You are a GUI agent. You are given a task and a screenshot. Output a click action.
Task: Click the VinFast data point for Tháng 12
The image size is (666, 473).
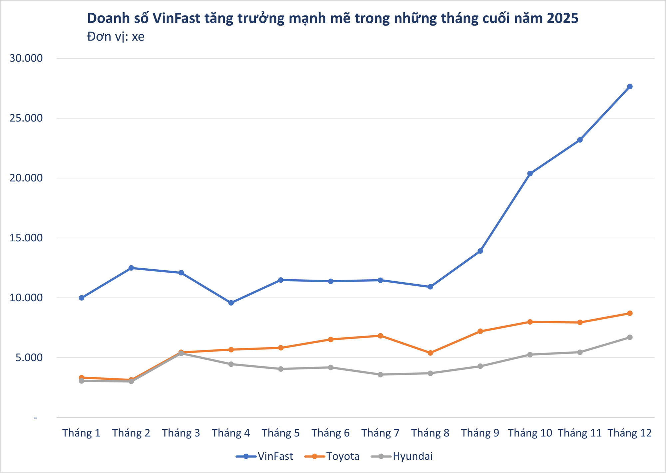630,87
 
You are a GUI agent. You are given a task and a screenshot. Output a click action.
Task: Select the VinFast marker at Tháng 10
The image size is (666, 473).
530,173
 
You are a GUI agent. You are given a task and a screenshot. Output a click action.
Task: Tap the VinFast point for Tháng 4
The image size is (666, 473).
231,303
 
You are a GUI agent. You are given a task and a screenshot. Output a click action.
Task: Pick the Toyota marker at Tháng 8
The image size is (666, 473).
430,353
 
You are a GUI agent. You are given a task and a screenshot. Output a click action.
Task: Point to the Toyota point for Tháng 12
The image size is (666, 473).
630,313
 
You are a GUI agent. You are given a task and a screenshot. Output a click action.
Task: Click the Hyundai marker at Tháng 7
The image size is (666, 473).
380,374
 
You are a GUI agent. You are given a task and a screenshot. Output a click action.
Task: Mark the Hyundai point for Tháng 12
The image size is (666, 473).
630,337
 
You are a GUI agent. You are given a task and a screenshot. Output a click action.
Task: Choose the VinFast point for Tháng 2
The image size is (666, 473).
131,268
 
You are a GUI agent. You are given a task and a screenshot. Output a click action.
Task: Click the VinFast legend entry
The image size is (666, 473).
265,456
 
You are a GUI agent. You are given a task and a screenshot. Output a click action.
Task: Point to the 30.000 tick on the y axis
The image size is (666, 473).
26,58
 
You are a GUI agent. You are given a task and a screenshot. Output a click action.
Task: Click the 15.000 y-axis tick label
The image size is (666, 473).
26,238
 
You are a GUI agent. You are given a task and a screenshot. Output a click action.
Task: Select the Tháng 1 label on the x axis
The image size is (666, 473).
81,433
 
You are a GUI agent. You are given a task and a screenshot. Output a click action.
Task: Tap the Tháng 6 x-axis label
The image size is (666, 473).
330,433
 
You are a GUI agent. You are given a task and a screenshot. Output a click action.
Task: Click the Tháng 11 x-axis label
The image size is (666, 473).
580,433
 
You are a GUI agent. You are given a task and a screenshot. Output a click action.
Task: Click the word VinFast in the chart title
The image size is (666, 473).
176,19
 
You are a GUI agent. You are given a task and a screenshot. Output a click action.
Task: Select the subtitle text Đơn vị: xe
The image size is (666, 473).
116,37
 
